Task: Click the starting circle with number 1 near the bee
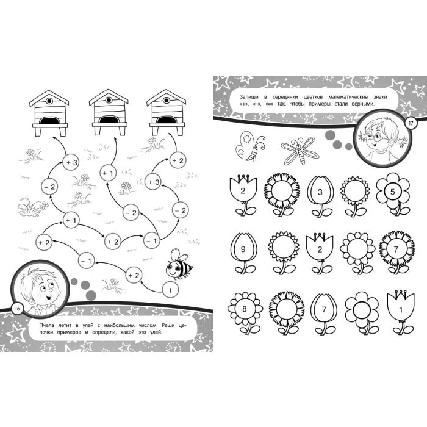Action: coord(170,290)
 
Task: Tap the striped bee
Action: coord(178,265)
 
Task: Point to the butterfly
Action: coord(249,146)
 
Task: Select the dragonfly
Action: coord(300,151)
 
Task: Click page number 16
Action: coord(18,309)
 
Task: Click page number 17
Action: coord(411,123)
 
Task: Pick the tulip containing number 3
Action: coord(320,196)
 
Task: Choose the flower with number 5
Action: coord(393,194)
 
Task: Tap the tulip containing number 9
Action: coord(243,253)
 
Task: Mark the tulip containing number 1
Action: coord(401,312)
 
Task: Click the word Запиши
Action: coord(248,97)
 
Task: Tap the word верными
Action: coord(364,104)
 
